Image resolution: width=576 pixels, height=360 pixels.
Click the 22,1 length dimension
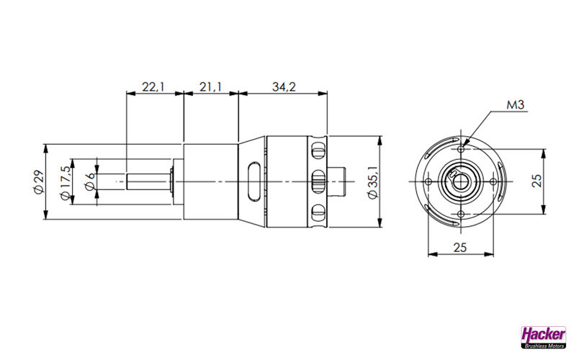pos(153,87)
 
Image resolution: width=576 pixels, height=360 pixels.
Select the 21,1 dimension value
pos(210,87)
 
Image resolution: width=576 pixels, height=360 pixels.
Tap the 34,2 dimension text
pos(284,87)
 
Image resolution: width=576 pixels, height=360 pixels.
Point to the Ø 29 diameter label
pos(38,182)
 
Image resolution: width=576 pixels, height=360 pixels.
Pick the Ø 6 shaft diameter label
pos(90,181)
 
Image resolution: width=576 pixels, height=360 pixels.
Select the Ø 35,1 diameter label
pos(373,182)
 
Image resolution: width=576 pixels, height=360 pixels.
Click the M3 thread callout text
pos(516,105)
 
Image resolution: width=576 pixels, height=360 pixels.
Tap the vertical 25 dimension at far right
pos(536,181)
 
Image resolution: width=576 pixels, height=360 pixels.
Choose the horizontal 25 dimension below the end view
pos(459,248)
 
